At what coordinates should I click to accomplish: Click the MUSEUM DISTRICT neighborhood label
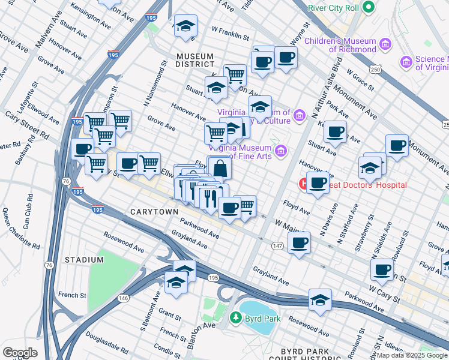pyautogui.click(x=195, y=59)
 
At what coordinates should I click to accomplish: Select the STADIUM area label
pyautogui.click(x=85, y=260)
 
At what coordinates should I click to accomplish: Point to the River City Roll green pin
pyautogui.click(x=368, y=8)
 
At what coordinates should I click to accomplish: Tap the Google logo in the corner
pyautogui.click(x=20, y=353)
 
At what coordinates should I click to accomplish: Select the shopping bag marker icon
pyautogui.click(x=219, y=169)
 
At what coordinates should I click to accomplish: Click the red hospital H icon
pyautogui.click(x=304, y=182)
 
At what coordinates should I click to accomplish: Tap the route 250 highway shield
pyautogui.click(x=376, y=70)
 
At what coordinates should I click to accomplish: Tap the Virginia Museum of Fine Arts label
pyautogui.click(x=246, y=151)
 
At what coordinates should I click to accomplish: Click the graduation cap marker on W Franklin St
pyautogui.click(x=185, y=26)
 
